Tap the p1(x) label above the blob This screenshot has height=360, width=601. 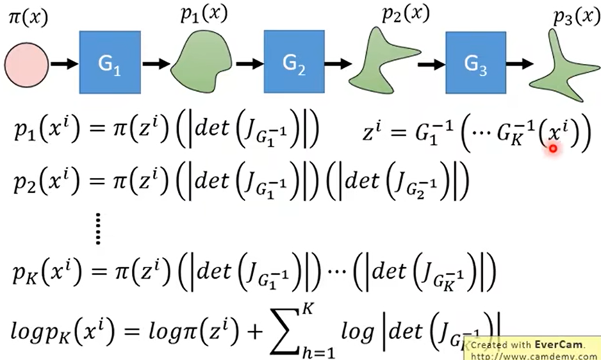[206, 15]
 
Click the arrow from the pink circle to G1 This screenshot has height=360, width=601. [63, 65]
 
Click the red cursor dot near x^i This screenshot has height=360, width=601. [553, 148]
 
